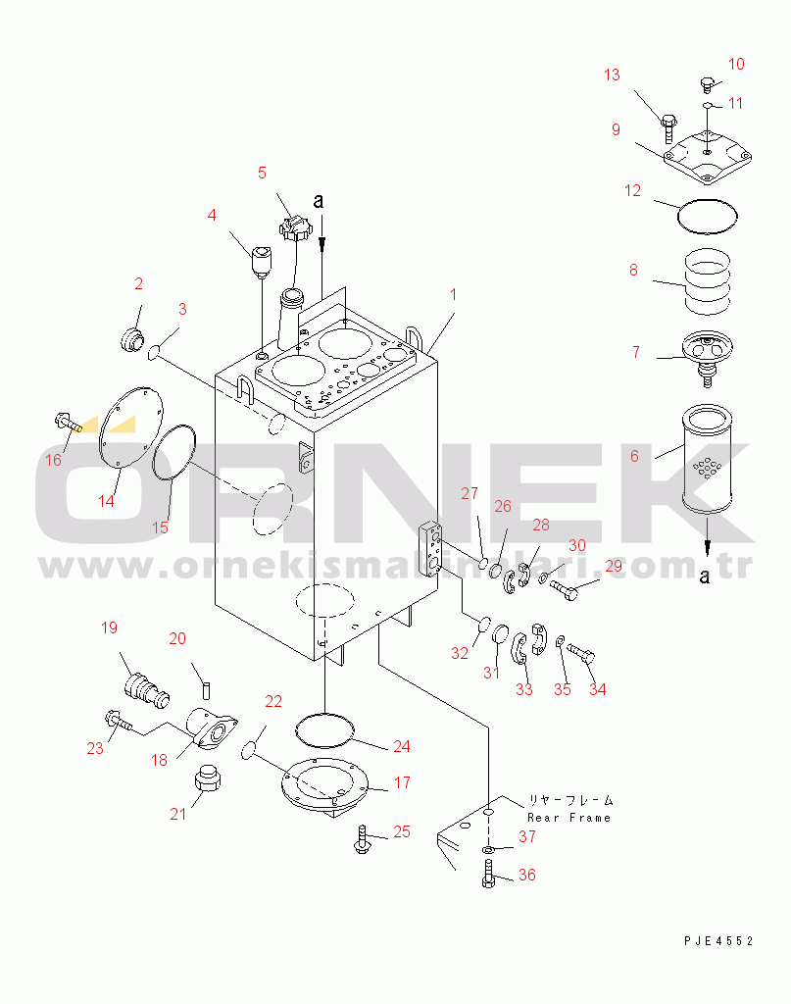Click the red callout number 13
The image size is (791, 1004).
[x=612, y=75]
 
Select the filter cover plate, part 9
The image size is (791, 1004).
[x=707, y=158]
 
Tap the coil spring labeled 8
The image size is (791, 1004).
[x=707, y=281]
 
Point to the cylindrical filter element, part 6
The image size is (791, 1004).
[x=707, y=459]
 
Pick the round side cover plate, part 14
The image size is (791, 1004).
[x=130, y=427]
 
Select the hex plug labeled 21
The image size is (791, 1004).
[x=207, y=778]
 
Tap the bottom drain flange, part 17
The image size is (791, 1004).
[x=325, y=788]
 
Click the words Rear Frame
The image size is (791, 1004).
[x=569, y=818]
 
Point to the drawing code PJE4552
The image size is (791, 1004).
[x=718, y=940]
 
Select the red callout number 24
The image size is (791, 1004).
[x=402, y=746]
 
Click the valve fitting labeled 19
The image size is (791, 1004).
[x=147, y=690]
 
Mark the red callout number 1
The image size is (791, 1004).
[x=453, y=294]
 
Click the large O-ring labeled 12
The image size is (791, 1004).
[x=707, y=216]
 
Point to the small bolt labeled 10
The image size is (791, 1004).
[x=706, y=84]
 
